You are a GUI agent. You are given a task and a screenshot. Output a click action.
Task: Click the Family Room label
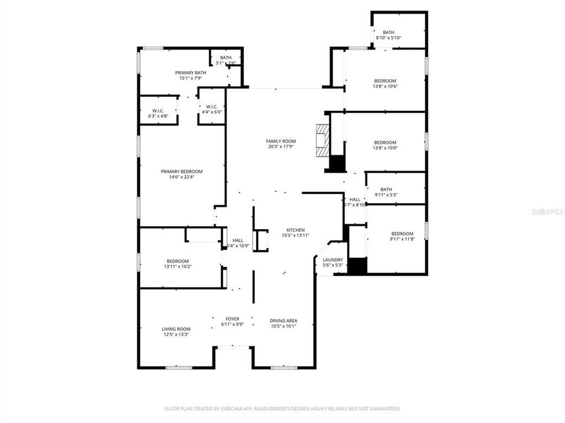point(280,141)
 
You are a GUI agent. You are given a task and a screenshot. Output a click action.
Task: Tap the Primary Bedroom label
point(177,172)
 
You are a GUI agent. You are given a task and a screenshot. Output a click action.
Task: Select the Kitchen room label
point(295,230)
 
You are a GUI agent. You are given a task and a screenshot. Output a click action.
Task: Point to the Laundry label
point(333,260)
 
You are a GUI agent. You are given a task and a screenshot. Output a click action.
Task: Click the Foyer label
point(232,319)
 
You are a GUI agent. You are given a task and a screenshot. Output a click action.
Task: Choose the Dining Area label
point(283,320)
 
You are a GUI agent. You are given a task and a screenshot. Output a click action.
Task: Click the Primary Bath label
point(190,72)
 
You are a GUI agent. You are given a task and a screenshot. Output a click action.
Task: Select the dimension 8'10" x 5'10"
point(388,38)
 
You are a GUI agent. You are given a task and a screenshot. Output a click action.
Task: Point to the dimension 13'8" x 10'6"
point(385,86)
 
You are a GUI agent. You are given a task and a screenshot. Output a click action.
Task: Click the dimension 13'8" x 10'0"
point(385,148)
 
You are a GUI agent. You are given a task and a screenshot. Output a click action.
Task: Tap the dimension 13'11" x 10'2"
point(177,267)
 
